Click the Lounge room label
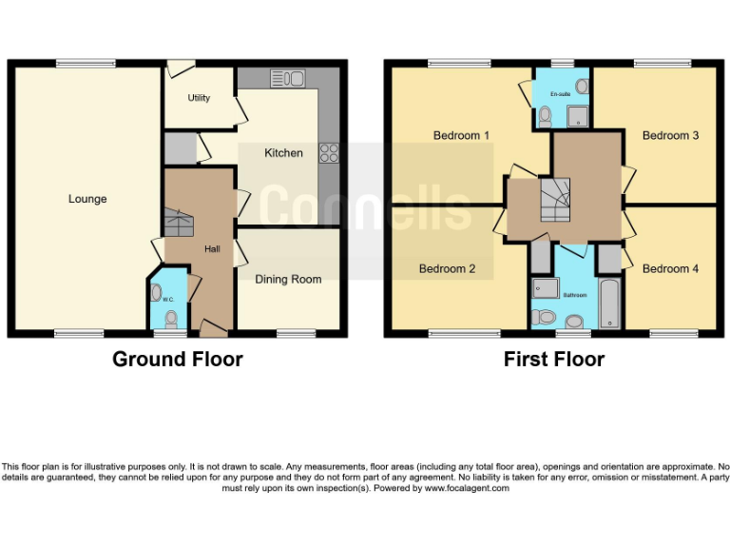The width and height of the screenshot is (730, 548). tap(87, 199)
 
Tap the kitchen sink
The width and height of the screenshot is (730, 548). tap(286, 78)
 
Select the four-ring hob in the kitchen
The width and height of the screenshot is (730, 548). tap(330, 153)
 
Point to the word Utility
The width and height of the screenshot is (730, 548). tap(199, 98)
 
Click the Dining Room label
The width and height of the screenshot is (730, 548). tap(288, 279)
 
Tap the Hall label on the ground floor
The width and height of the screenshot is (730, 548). tap(212, 249)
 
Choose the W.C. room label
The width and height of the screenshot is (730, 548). tap(168, 299)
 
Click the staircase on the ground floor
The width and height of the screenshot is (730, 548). tap(178, 223)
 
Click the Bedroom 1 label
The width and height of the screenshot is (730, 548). tap(461, 135)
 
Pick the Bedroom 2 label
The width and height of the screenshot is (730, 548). tap(448, 268)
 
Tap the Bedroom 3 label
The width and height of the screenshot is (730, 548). tap(670, 135)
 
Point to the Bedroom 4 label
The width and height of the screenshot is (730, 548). tap(670, 268)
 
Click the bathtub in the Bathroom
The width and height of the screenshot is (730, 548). tap(608, 303)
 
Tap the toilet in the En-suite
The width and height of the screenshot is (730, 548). tap(545, 117)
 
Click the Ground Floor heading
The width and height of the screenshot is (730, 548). tap(178, 360)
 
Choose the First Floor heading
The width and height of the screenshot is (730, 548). tap(554, 360)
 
